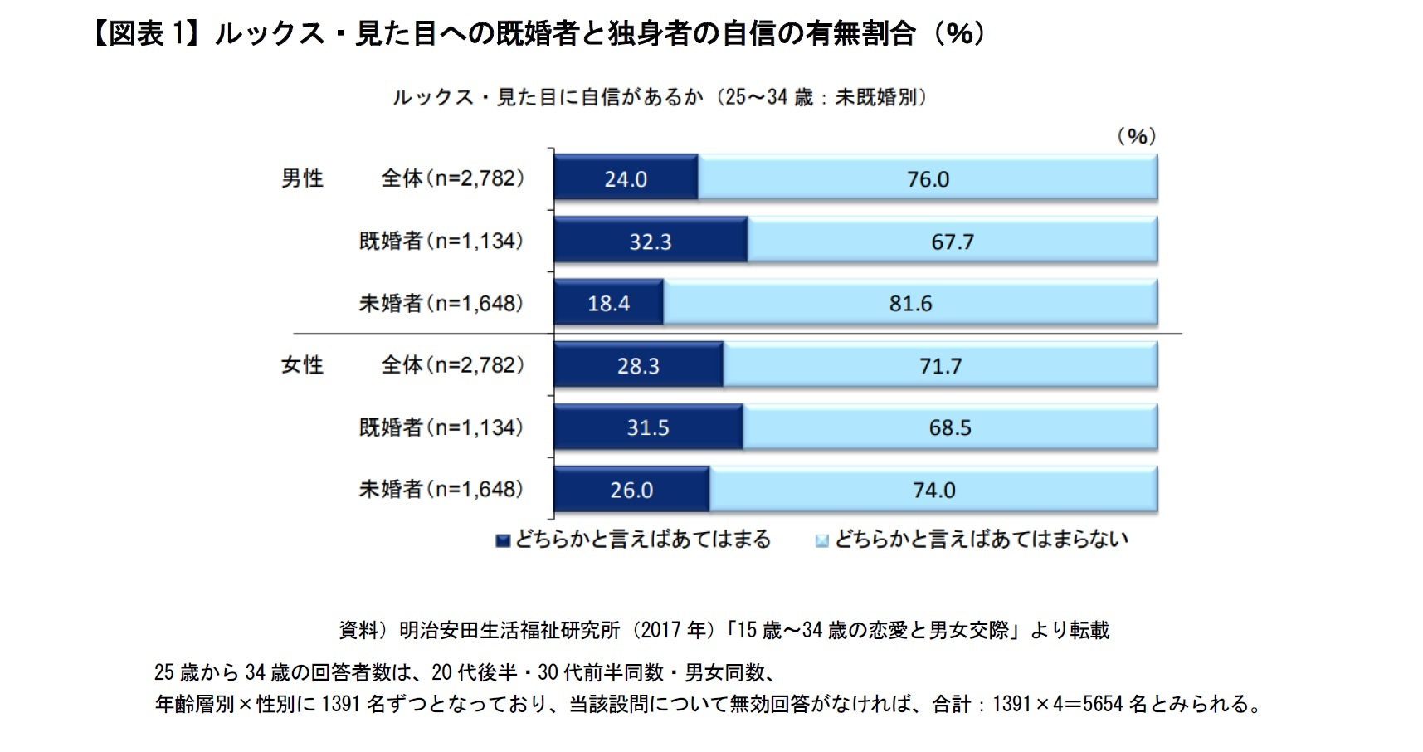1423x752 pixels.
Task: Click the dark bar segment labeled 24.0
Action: [625, 178]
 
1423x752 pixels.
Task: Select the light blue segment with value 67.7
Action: [952, 241]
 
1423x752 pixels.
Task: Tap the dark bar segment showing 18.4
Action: [608, 303]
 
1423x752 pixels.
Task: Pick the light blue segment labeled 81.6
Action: [910, 303]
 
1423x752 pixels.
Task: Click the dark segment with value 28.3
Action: [637, 365]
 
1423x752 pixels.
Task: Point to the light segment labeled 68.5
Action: [949, 427]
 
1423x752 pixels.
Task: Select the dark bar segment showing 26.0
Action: [631, 490]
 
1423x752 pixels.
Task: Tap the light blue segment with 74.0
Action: [933, 490]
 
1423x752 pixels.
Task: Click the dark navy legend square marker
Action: [502, 541]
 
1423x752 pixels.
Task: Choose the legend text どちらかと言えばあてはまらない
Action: [981, 540]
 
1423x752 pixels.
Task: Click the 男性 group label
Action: [302, 178]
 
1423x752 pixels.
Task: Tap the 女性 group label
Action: [302, 365]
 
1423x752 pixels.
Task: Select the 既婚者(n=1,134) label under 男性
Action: [441, 241]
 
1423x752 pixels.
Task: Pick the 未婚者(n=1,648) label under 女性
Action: [441, 490]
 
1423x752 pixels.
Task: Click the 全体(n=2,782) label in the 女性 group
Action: [452, 365]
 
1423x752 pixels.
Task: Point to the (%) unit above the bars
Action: [1136, 136]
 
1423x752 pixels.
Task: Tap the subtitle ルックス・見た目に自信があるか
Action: [548, 97]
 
